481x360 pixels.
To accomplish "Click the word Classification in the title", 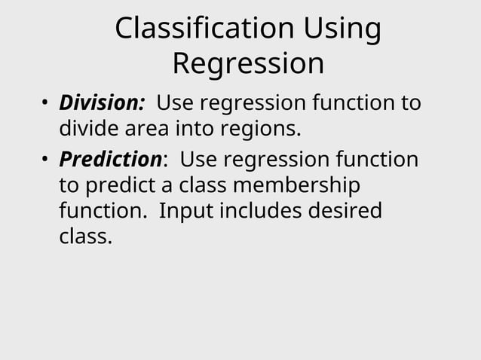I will [203, 29].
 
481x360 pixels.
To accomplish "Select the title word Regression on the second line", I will [248, 64].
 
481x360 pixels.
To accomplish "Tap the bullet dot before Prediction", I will [45, 160].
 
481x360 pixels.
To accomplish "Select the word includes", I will [259, 211].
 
